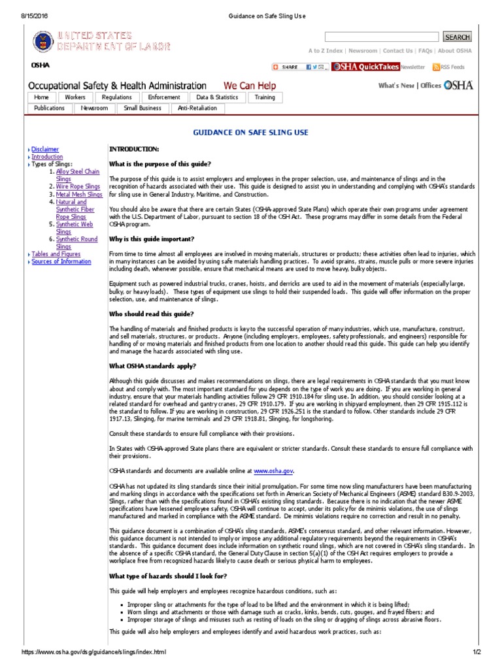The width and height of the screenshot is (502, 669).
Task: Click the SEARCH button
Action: point(457,37)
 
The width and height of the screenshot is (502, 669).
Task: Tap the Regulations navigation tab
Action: point(117,97)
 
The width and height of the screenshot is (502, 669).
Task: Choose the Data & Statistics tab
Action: point(217,97)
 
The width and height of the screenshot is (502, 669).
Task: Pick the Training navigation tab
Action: point(265,97)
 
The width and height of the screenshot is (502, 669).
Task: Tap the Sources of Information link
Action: point(61,261)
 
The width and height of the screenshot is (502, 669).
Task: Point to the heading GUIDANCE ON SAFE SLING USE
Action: point(250,133)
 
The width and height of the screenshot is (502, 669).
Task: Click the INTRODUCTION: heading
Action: point(133,150)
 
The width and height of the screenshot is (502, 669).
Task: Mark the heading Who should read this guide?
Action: point(150,314)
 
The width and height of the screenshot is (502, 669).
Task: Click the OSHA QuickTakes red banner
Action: point(366,67)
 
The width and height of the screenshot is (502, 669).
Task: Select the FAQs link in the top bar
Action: point(425,51)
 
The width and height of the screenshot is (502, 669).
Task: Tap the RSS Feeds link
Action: point(452,67)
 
